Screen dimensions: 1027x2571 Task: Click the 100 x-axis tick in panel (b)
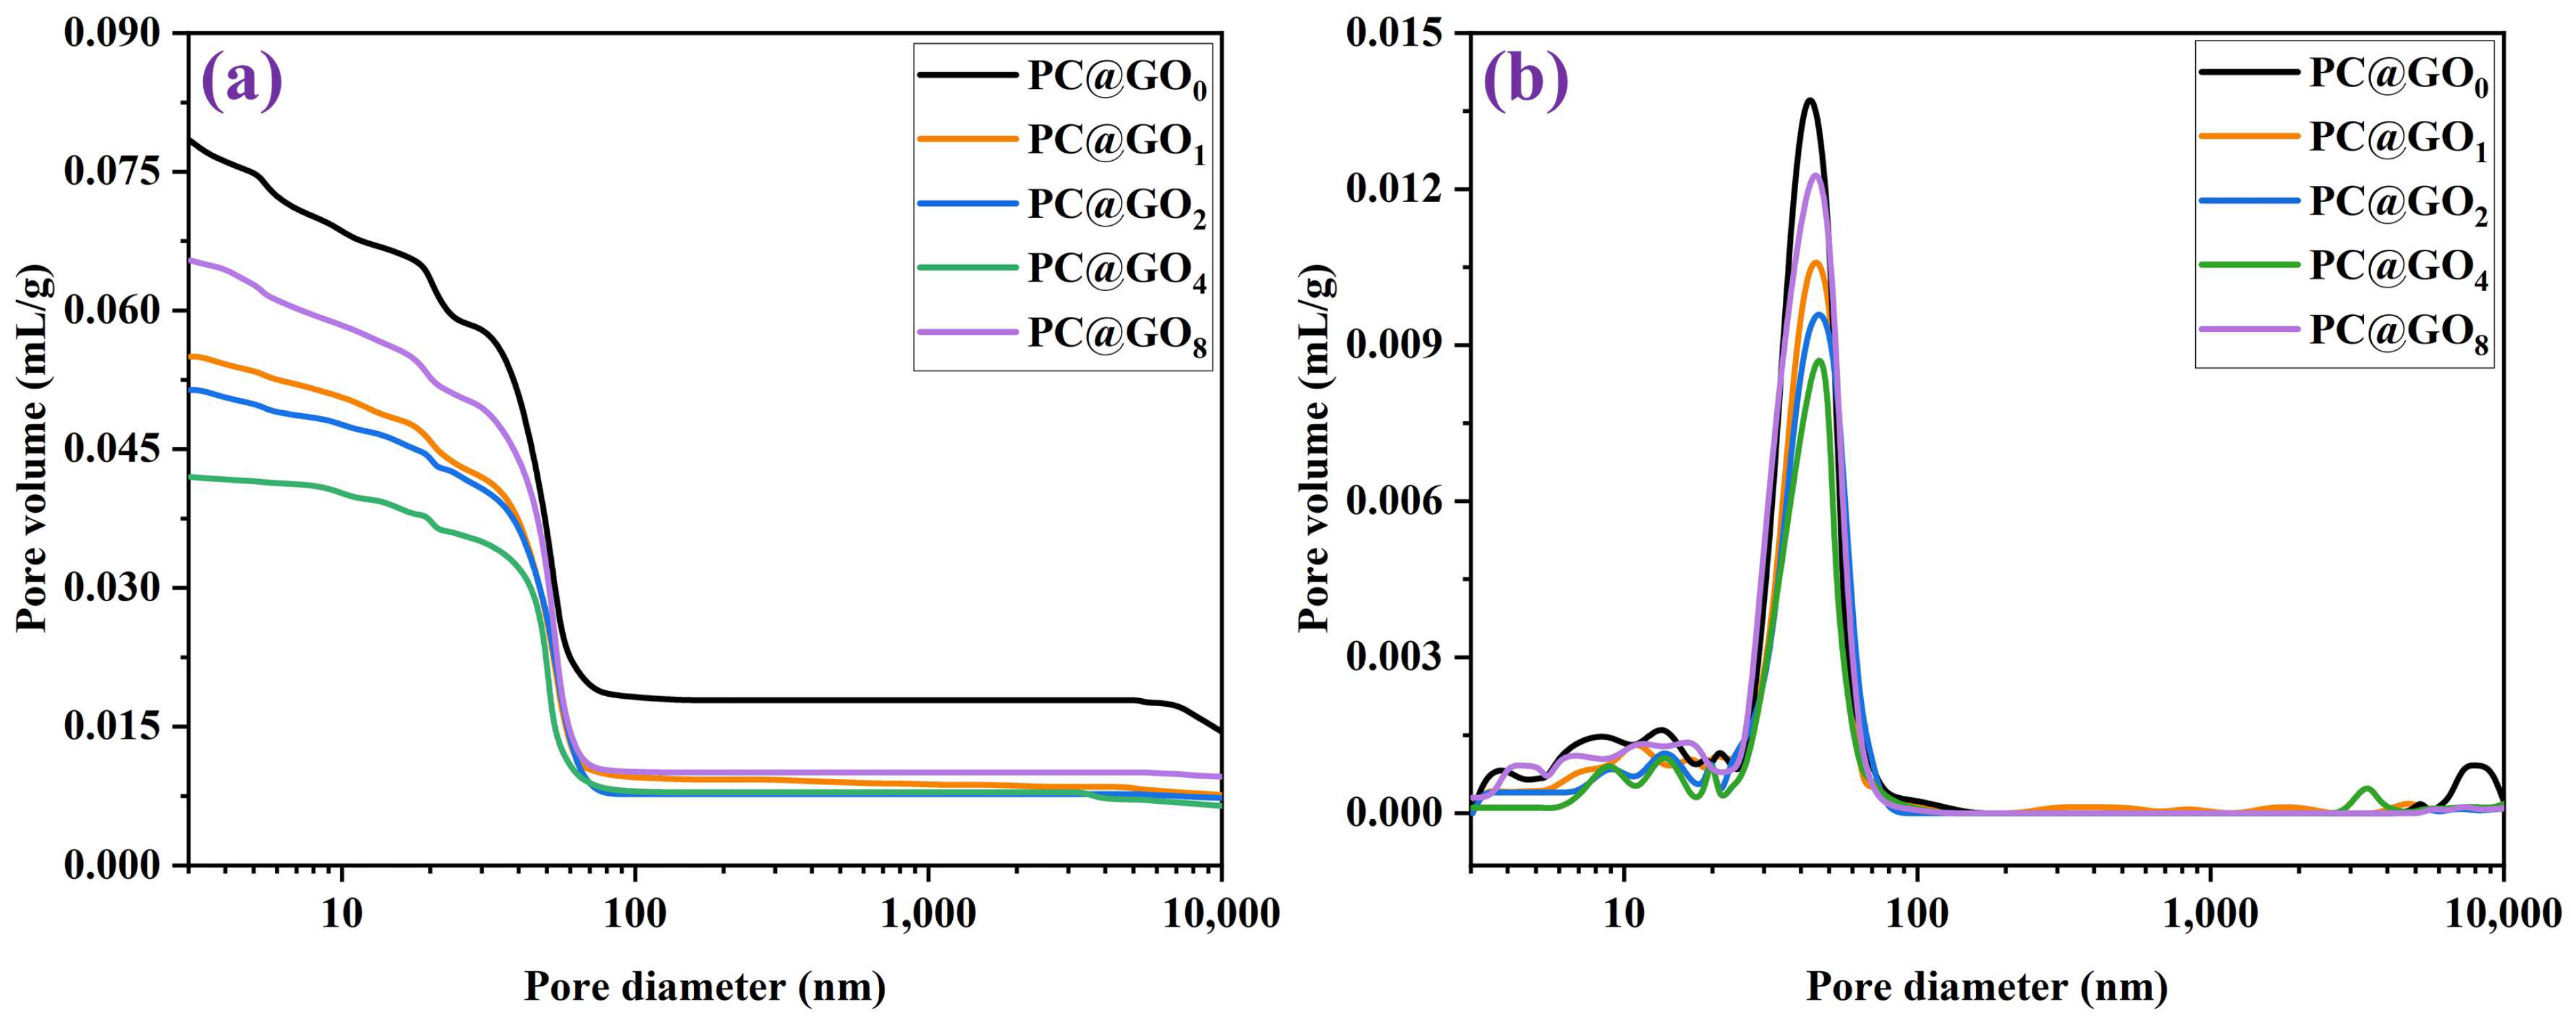tap(1917, 914)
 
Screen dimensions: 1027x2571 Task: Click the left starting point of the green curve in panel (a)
tap(191, 477)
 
